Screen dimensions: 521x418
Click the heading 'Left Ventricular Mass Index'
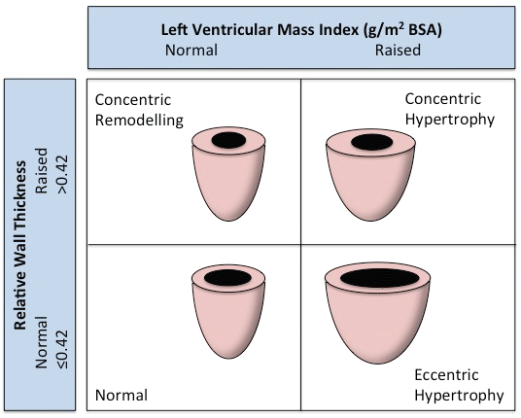tap(259, 30)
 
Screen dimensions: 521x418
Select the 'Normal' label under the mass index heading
tap(191, 51)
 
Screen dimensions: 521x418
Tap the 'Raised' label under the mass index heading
tap(398, 51)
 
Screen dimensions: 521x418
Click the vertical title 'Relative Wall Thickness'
tap(20, 245)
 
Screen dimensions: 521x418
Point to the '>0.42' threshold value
tap(61, 174)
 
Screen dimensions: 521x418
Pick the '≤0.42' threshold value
tap(61, 349)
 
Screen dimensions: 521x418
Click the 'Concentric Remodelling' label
tap(139, 110)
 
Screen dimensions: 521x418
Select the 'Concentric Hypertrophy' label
tap(450, 109)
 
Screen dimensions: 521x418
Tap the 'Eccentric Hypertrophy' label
tap(459, 386)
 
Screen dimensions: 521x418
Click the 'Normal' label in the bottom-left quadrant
tap(122, 396)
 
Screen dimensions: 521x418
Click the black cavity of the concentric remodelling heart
tap(228, 140)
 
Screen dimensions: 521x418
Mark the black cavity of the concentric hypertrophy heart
tap(372, 142)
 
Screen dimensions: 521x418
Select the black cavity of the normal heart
tap(227, 277)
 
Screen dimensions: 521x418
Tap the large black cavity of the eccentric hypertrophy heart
tap(379, 278)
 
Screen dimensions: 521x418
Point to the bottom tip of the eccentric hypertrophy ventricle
tap(377, 365)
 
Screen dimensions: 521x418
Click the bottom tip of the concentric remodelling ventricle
tap(228, 221)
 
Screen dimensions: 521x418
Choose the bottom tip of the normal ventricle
tap(228, 358)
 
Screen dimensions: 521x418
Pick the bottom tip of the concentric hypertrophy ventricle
tap(371, 221)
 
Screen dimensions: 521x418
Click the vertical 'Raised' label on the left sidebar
tap(42, 171)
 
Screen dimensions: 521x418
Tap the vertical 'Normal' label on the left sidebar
tap(42, 342)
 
